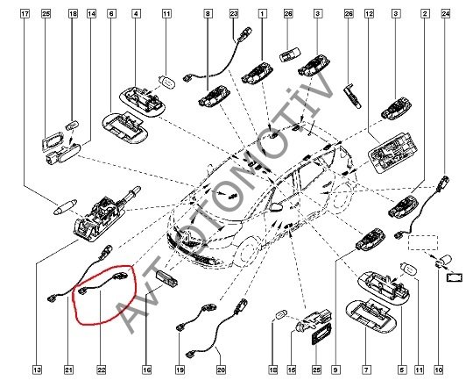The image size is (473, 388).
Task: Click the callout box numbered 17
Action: [x=25, y=14]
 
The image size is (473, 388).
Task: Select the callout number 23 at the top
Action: [x=234, y=14]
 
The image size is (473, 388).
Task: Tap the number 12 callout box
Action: [x=370, y=14]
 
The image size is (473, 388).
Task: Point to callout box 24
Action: [x=446, y=14]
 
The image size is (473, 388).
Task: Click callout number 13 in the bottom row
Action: [x=38, y=370]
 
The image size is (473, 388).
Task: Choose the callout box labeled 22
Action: [x=102, y=370]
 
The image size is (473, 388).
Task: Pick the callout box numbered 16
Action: [x=146, y=370]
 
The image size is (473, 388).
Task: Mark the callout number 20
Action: [x=221, y=370]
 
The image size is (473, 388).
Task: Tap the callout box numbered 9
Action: [x=335, y=370]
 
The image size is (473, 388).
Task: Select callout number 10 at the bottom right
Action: [x=439, y=370]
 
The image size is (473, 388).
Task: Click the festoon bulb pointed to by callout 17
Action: [x=65, y=207]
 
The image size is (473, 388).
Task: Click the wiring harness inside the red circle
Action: [x=102, y=283]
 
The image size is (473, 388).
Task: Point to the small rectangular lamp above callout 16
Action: [x=166, y=278]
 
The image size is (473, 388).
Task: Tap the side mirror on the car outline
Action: [x=276, y=206]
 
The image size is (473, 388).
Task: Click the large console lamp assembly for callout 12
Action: [x=392, y=152]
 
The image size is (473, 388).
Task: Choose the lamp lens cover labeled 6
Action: [x=125, y=127]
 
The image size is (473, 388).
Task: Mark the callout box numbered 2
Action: [x=426, y=14]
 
